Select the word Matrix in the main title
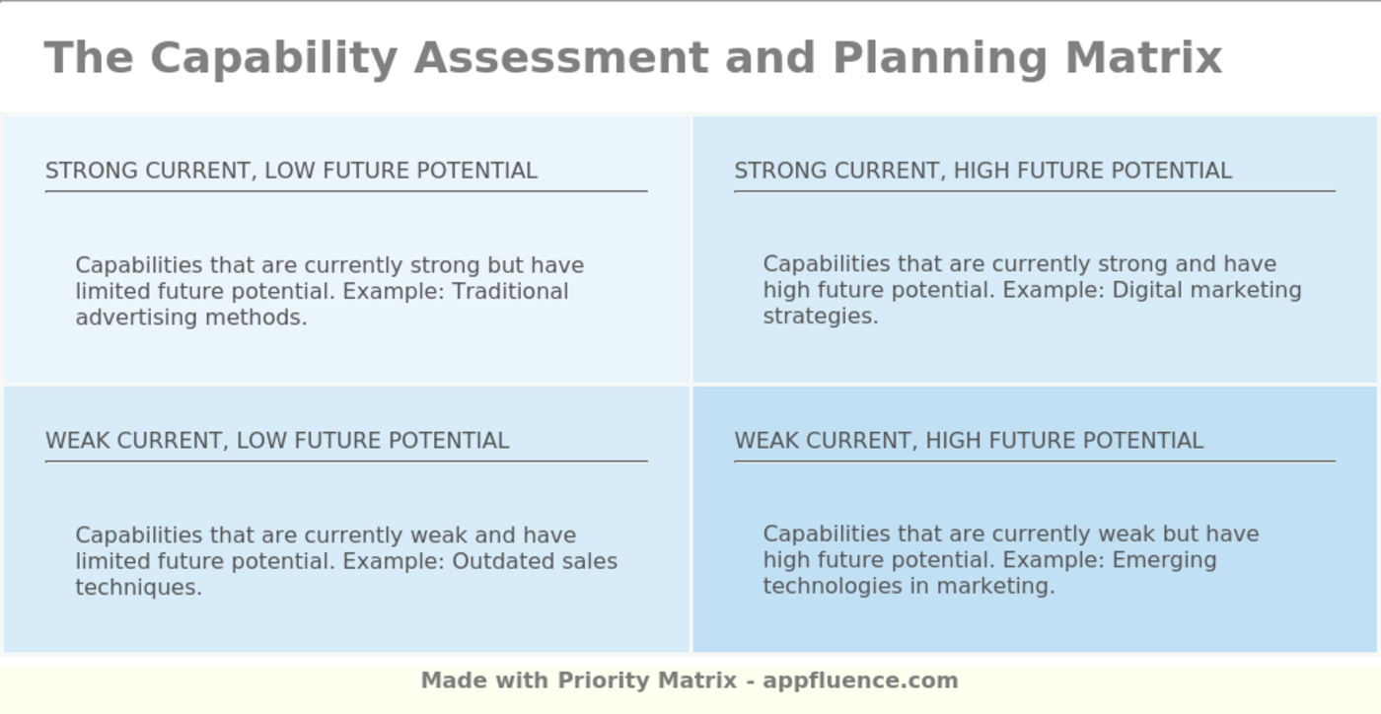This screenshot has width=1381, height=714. coord(1143,57)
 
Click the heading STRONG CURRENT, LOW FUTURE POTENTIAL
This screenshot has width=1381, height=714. coord(291,171)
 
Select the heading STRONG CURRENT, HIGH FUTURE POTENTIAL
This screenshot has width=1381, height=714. coord(982,171)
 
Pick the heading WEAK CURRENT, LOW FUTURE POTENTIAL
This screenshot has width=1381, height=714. coord(277,441)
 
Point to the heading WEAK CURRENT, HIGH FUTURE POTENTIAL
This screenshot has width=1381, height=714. coord(969,441)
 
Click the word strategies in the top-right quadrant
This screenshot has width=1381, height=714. coord(820,317)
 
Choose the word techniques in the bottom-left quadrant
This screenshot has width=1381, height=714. coord(138,588)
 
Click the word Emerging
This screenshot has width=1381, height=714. coord(1164,560)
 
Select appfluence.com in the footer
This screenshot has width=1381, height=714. coord(860,680)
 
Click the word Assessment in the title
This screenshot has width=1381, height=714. coord(560,57)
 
